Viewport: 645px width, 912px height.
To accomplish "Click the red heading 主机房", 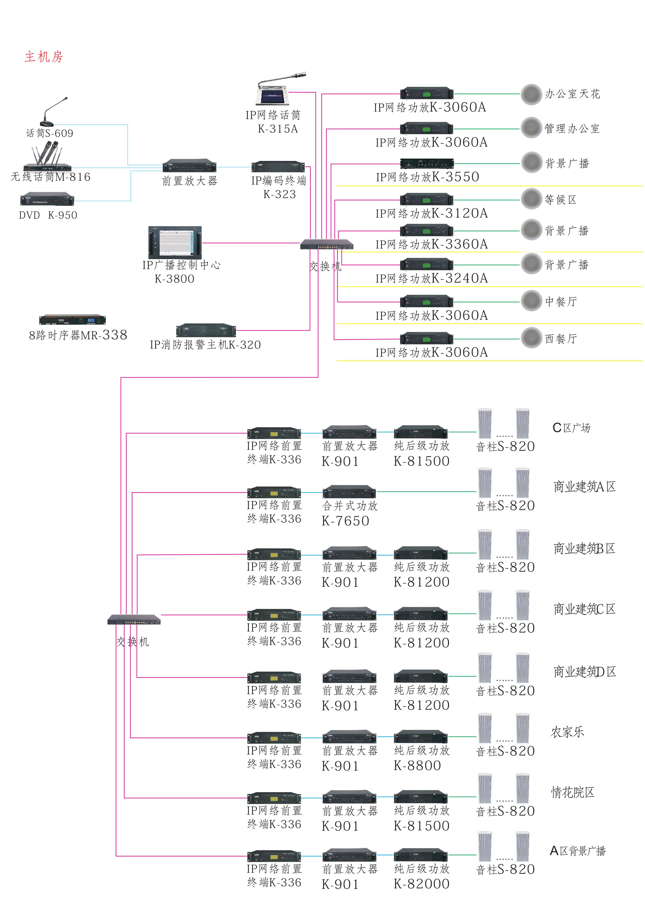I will click(44, 57).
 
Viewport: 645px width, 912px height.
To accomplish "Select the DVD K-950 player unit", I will click(47, 199).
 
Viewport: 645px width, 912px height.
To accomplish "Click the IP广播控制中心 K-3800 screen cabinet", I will click(175, 242).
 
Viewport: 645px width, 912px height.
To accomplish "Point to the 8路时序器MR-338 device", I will click(72, 320).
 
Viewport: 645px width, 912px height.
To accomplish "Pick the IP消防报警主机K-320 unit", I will click(206, 330).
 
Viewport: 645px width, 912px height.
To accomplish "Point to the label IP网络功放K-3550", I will click(427, 177).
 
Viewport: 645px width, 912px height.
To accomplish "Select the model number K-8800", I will click(417, 765).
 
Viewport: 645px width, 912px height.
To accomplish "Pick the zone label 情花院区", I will click(572, 792).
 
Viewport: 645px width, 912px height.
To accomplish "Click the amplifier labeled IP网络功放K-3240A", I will click(426, 265).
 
